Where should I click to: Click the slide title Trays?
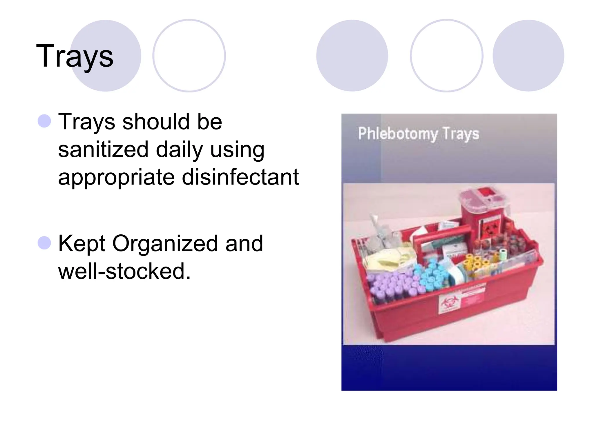pyautogui.click(x=75, y=56)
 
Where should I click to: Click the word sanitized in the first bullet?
pyautogui.click(x=103, y=149)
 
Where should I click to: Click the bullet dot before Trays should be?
pyautogui.click(x=44, y=121)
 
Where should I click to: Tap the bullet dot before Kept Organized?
pyautogui.click(x=44, y=243)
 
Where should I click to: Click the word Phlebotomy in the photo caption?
pyautogui.click(x=398, y=134)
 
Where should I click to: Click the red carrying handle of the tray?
pyautogui.click(x=441, y=236)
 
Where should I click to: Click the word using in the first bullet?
pyautogui.click(x=237, y=150)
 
